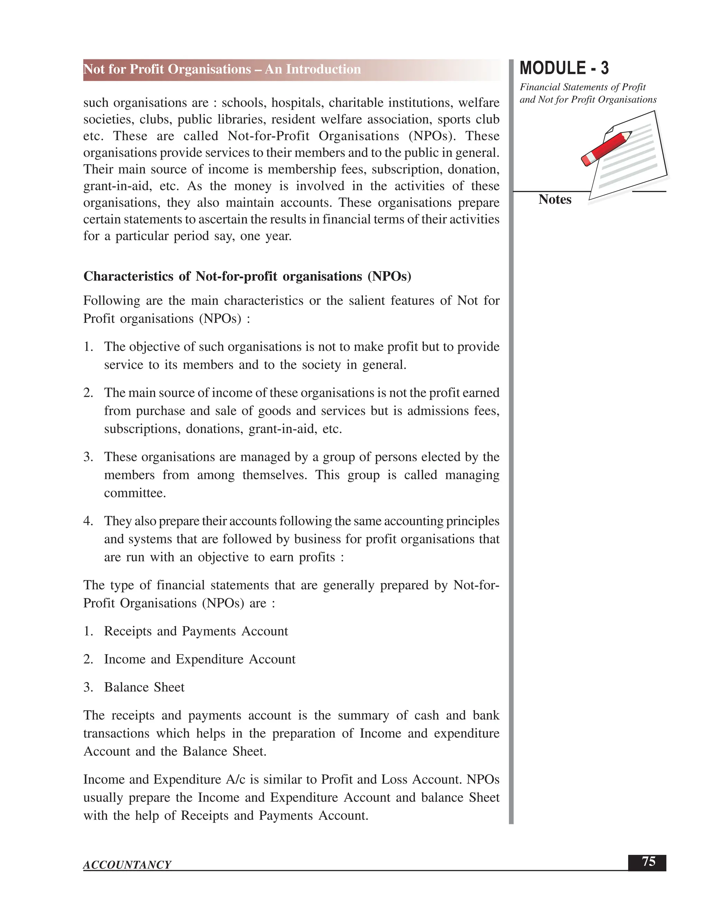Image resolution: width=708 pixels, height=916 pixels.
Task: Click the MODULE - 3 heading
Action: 564,68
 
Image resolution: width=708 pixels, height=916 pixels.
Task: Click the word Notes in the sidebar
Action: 555,200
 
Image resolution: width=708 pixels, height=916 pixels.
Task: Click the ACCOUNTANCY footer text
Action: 127,865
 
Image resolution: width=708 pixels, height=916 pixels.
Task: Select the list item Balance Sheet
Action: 144,687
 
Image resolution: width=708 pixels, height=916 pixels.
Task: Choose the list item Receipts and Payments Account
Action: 196,631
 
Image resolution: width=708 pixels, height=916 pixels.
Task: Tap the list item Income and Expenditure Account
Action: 200,659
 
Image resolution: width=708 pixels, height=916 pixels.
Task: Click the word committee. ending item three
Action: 134,493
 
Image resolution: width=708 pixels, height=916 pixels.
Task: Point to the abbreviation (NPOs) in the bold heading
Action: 389,277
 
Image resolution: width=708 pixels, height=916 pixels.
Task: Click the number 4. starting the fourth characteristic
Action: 88,521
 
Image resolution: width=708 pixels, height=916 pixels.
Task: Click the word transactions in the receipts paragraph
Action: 116,733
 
